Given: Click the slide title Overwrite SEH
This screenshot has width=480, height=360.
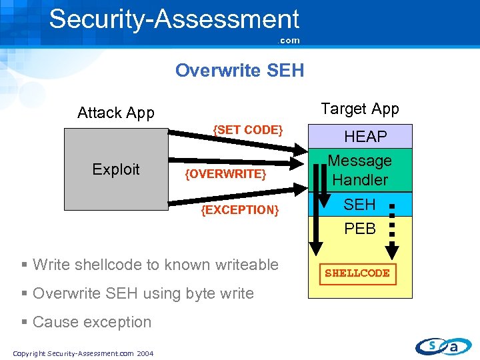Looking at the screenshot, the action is click(239, 70).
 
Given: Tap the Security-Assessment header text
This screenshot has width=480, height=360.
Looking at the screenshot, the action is click(174, 19).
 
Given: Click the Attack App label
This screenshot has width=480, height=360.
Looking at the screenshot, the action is click(116, 113).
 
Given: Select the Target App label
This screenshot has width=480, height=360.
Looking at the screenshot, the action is click(360, 109).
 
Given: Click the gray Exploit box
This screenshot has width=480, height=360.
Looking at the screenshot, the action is click(116, 169).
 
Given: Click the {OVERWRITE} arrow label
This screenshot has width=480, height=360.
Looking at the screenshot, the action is click(226, 174).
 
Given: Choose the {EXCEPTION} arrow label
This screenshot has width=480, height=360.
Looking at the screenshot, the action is click(239, 210).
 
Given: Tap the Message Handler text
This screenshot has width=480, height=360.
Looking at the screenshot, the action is click(360, 170).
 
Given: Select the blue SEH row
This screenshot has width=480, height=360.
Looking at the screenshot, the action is click(360, 205).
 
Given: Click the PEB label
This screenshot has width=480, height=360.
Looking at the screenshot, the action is click(360, 229).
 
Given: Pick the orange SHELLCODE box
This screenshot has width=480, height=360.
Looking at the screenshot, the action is click(357, 273).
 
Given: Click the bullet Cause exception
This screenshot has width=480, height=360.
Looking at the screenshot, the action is click(92, 322).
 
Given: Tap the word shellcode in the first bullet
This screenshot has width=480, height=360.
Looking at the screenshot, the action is click(105, 265).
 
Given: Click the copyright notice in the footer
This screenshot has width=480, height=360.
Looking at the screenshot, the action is click(83, 353).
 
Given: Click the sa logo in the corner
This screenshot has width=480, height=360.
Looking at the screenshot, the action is click(443, 345).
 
